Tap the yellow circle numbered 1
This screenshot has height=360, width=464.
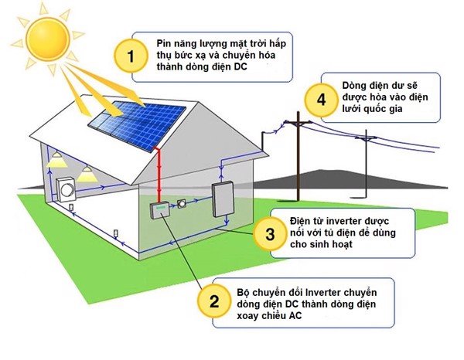[x=131, y=56]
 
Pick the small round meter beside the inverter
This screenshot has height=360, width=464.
[x=183, y=204]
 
